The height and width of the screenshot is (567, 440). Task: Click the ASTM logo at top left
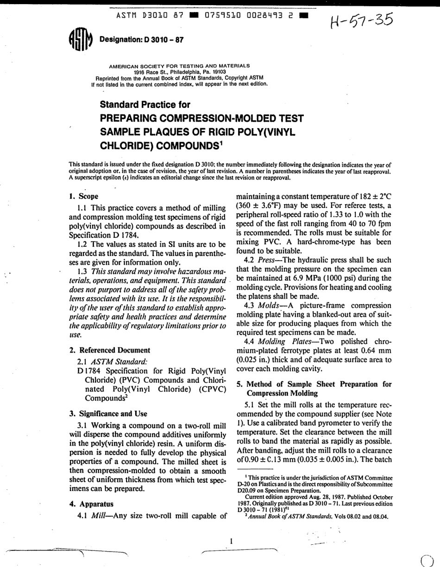pyautogui.click(x=79, y=39)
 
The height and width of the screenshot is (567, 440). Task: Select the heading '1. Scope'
pyautogui.click(x=83, y=196)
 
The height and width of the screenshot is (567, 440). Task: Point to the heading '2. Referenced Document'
pyautogui.click(x=110, y=350)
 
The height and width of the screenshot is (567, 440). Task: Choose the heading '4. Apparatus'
pyautogui.click(x=91, y=504)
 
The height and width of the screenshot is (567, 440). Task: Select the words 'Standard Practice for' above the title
pyautogui.click(x=145, y=105)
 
